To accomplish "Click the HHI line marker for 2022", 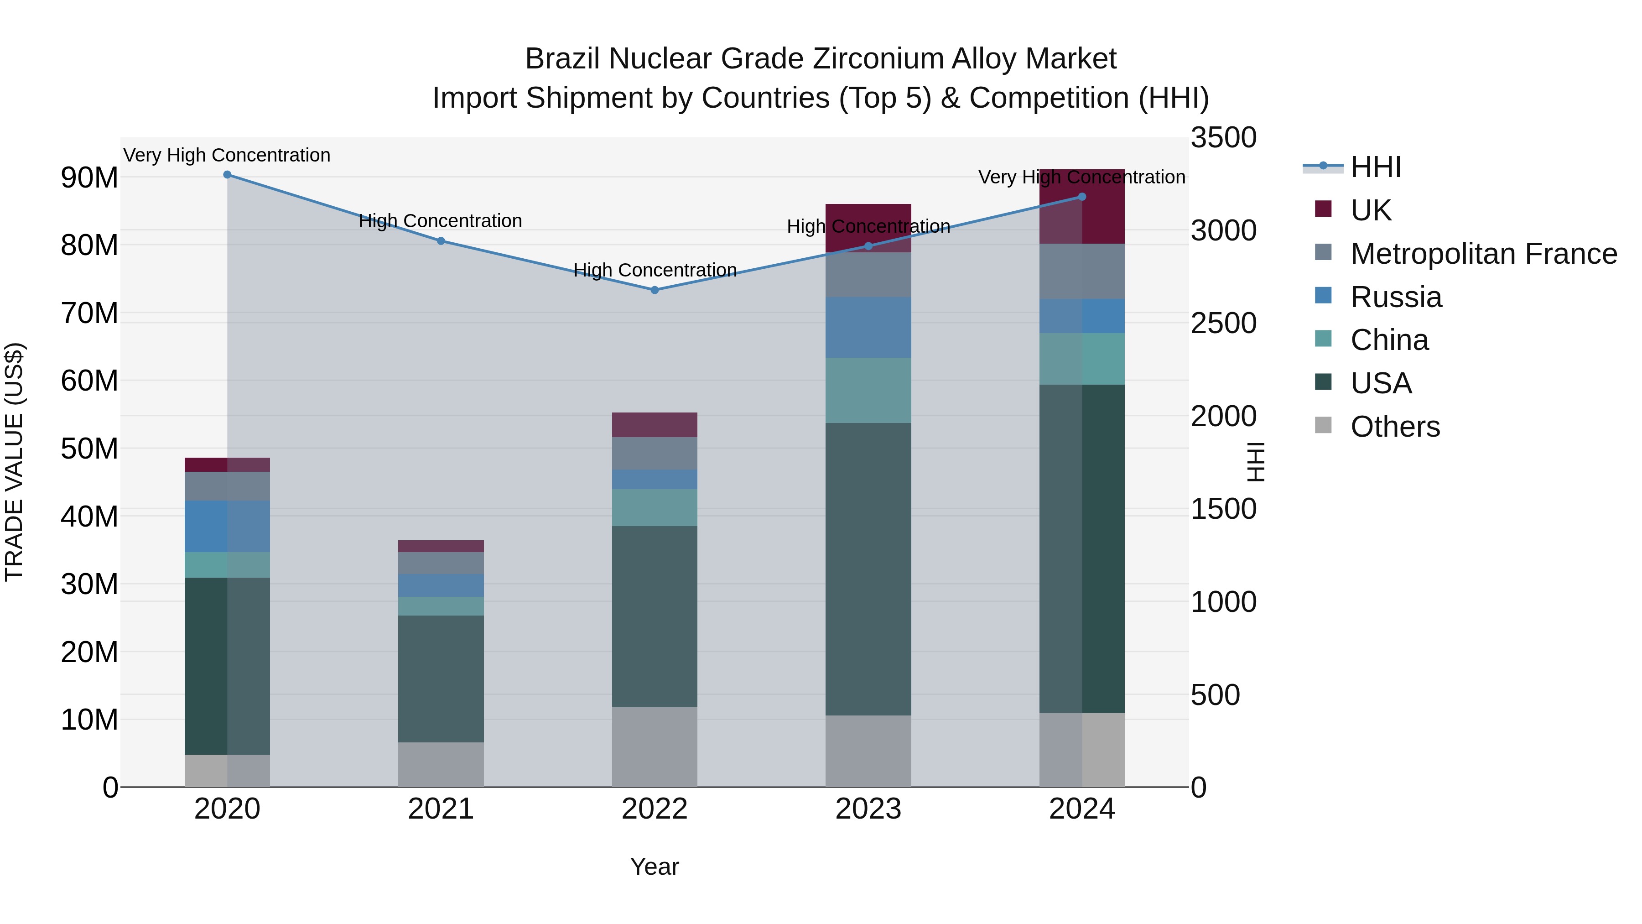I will [x=655, y=290].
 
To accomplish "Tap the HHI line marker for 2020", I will [x=228, y=175].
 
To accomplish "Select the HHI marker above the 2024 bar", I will [x=1082, y=197].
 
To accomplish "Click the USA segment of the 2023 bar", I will [x=868, y=569].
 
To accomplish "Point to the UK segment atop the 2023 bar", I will [x=868, y=228].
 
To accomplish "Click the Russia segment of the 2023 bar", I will [x=868, y=327].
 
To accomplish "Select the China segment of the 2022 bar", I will [x=655, y=507].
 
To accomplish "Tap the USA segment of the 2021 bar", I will [x=441, y=679].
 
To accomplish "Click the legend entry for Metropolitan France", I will [x=1483, y=254].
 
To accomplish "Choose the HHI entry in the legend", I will [x=1376, y=167].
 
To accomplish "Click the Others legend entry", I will [x=1395, y=427].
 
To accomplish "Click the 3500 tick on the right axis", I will [x=1223, y=138].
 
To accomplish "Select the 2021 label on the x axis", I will [x=441, y=809].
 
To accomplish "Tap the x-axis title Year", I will [x=655, y=867].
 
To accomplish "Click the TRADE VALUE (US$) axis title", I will [x=14, y=462].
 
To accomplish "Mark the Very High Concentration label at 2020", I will [x=227, y=155].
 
